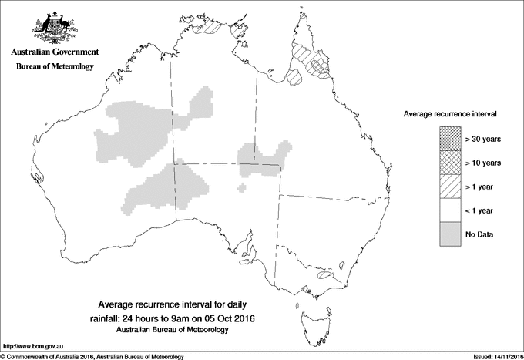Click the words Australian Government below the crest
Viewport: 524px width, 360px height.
pos(55,52)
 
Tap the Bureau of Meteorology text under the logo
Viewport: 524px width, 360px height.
pos(55,67)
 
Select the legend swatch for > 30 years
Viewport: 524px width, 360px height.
pos(451,139)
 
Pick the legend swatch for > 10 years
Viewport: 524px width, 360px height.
pos(451,163)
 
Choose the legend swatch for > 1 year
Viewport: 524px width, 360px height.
pos(451,187)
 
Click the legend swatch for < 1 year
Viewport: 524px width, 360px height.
pos(451,210)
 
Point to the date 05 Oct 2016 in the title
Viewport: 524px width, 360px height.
pos(227,318)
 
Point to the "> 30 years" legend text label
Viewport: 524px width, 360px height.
pos(483,139)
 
